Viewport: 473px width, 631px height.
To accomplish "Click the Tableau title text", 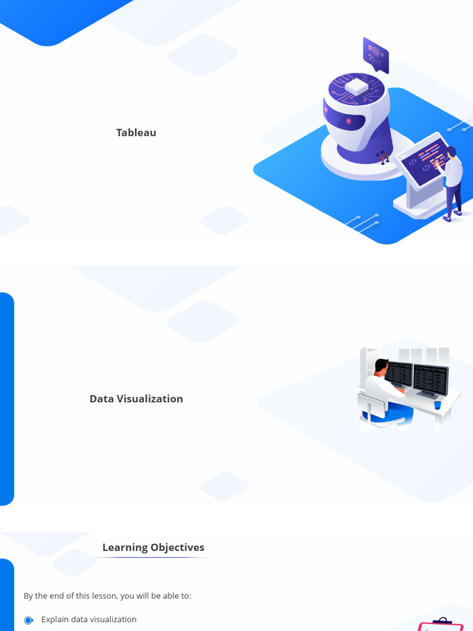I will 136,132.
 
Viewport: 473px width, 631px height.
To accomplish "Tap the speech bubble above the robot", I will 375,54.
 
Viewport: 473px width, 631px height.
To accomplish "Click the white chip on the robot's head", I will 357,87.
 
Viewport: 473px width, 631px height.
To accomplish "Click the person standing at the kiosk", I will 453,182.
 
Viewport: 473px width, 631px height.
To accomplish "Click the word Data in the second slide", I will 102,399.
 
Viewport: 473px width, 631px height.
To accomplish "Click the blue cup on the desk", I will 437,405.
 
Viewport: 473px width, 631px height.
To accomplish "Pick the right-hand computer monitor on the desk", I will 430,379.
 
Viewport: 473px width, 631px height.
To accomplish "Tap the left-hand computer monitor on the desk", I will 398,374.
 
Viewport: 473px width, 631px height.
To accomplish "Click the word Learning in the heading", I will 125,547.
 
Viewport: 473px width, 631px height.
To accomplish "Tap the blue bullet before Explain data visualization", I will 28,620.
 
